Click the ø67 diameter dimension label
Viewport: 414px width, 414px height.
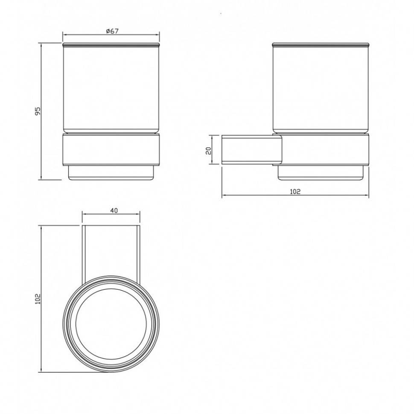pyautogui.click(x=112, y=31)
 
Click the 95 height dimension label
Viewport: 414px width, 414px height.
pyautogui.click(x=38, y=111)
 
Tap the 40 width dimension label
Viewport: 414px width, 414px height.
pyautogui.click(x=114, y=210)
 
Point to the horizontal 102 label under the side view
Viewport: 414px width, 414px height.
pyautogui.click(x=295, y=192)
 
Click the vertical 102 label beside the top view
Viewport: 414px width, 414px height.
pyautogui.click(x=38, y=299)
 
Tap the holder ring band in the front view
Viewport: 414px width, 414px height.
pyautogui.click(x=111, y=150)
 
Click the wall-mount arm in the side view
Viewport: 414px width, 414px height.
pyautogui.click(x=252, y=150)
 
